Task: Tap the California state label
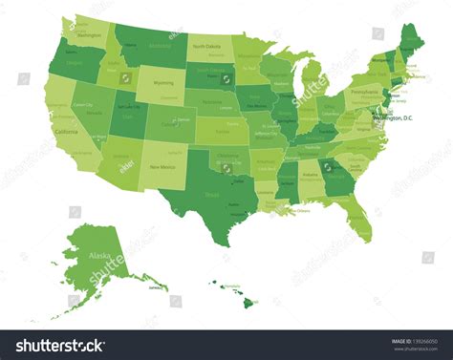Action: tap(66, 131)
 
